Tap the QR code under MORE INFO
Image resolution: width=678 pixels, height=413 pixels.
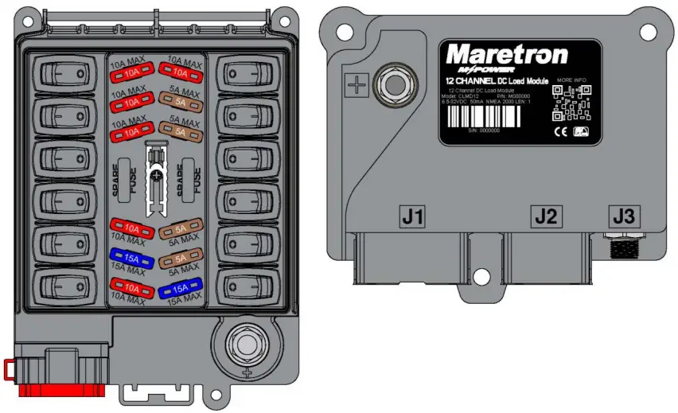pos(572,103)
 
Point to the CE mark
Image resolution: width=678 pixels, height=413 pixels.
pos(559,132)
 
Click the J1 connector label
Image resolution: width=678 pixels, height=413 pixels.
pos(412,215)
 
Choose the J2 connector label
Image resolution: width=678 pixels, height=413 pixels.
pos(545,215)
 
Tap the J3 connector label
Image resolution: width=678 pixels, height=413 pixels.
pos(623,215)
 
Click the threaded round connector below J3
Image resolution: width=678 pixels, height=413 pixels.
pos(622,247)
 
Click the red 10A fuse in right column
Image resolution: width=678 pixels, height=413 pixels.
pos(180,73)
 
